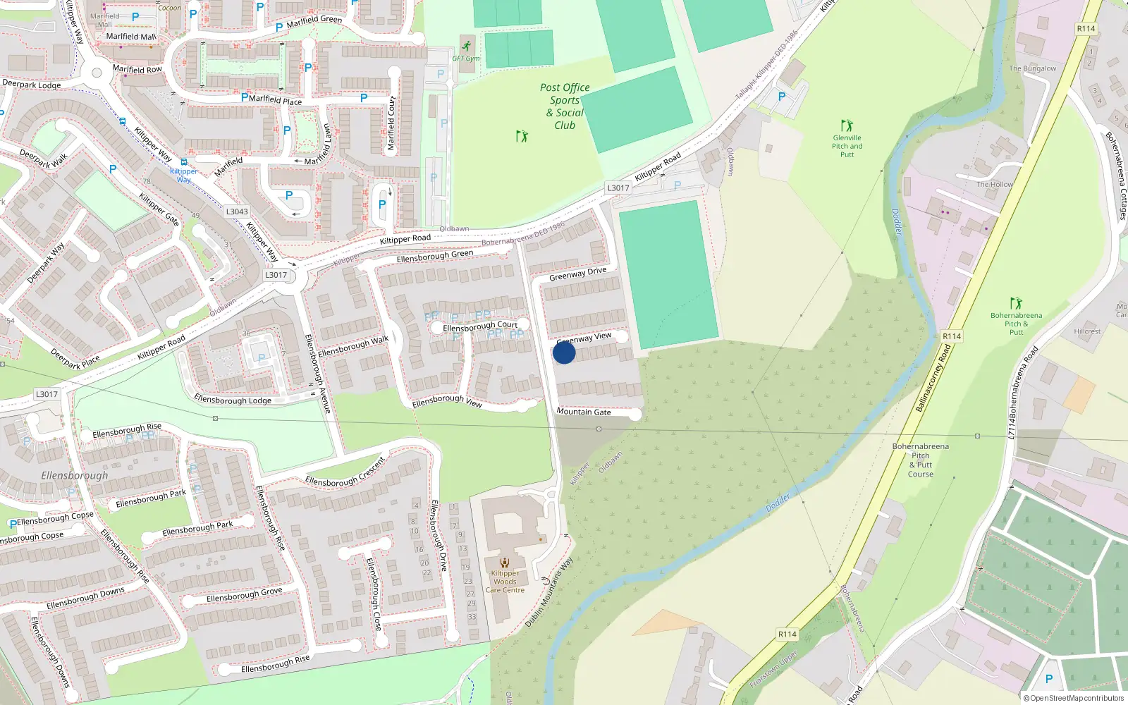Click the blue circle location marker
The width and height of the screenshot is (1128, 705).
(x=564, y=352)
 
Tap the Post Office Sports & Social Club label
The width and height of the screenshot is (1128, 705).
(x=565, y=106)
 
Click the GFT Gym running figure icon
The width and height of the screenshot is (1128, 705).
(x=466, y=46)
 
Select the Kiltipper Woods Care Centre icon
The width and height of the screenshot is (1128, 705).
(x=505, y=562)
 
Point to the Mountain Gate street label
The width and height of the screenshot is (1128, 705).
(x=584, y=412)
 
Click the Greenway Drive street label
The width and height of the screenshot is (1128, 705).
(x=577, y=274)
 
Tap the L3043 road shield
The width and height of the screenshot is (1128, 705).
(x=237, y=211)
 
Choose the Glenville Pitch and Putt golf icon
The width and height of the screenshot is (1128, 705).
(x=847, y=125)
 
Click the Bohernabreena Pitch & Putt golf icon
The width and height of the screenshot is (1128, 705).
(x=1016, y=303)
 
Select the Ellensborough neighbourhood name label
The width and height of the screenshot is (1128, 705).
(x=75, y=476)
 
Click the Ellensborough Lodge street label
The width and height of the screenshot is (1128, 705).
(x=233, y=400)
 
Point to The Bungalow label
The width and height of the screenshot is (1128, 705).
(x=1032, y=68)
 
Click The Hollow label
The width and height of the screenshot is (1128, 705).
(x=994, y=185)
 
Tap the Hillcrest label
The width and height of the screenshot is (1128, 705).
(x=1087, y=331)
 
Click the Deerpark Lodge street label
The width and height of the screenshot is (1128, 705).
(x=32, y=85)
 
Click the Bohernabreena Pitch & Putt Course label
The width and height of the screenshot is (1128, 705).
(x=921, y=460)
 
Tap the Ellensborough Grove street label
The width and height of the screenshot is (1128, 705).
(x=244, y=594)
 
